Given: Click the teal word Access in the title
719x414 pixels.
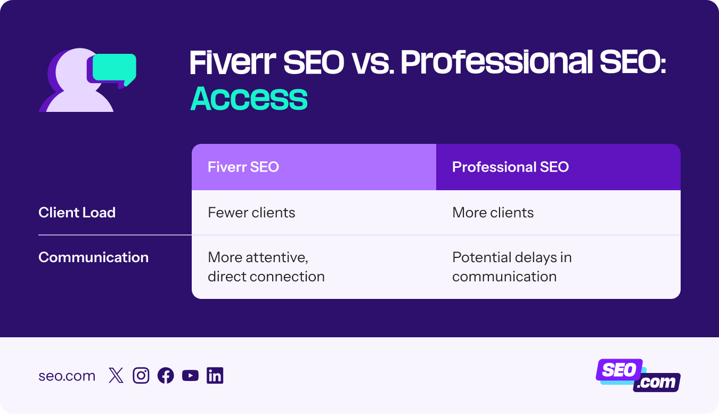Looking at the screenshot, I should pyautogui.click(x=249, y=99).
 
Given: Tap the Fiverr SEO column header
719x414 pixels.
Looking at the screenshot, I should pyautogui.click(x=243, y=167).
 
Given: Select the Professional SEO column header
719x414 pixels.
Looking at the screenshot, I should pyautogui.click(x=510, y=167).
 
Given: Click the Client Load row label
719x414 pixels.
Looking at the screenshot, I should pyautogui.click(x=77, y=213).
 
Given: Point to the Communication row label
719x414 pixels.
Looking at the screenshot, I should pyautogui.click(x=93, y=257).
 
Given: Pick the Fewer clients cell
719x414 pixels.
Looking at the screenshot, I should pyautogui.click(x=251, y=213).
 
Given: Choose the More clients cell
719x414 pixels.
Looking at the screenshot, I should pyautogui.click(x=493, y=213).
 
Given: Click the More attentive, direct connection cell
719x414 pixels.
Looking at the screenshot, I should pyautogui.click(x=266, y=267).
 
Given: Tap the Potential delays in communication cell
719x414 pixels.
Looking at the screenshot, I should pyautogui.click(x=511, y=267).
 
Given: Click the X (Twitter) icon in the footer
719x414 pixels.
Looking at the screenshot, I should pyautogui.click(x=116, y=376).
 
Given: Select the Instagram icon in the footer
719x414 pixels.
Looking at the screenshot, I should pyautogui.click(x=141, y=376).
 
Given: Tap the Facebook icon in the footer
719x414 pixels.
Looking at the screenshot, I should pyautogui.click(x=166, y=376).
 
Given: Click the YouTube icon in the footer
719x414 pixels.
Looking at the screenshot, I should pyautogui.click(x=190, y=376).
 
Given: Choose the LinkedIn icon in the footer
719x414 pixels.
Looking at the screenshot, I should pyautogui.click(x=215, y=376).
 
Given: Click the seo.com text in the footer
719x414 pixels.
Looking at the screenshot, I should pyautogui.click(x=67, y=376).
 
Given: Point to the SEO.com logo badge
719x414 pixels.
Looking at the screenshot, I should pyautogui.click(x=638, y=375).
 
